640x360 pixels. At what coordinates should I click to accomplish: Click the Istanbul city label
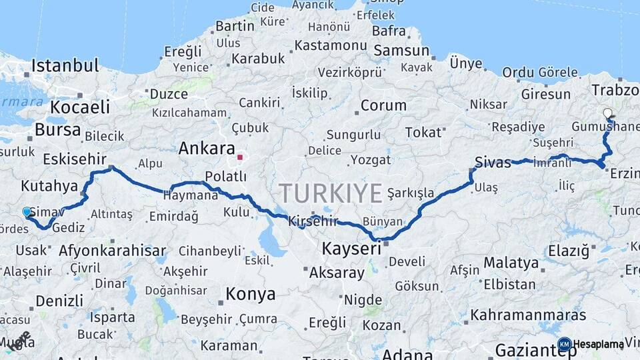65,65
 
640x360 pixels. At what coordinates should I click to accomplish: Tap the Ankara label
207,149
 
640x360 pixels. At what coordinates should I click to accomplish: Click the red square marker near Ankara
240,157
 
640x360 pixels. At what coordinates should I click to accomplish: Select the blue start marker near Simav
27,211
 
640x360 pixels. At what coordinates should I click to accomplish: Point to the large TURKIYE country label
331,193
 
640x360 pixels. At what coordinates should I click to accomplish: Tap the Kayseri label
351,249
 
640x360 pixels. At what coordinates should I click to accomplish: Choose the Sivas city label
493,162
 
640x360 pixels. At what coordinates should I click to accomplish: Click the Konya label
251,294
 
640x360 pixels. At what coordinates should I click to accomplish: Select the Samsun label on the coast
401,51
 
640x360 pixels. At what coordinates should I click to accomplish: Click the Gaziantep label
527,350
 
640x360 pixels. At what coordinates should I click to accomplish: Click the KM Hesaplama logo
591,344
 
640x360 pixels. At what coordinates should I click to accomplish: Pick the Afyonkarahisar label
113,251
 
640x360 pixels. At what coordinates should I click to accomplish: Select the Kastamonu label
331,45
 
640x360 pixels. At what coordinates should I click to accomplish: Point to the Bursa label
57,129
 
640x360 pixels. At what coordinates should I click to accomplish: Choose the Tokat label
423,133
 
